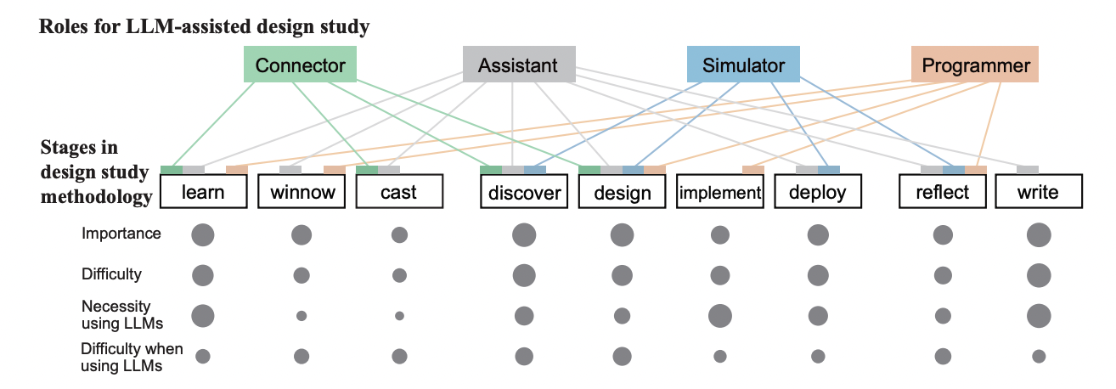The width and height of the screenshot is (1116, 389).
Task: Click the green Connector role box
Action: [x=300, y=65]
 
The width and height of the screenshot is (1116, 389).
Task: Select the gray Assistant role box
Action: [x=519, y=65]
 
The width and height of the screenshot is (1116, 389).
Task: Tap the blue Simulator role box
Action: [x=743, y=65]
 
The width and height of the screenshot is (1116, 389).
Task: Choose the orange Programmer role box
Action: [x=975, y=65]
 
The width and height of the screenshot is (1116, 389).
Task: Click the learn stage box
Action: [x=204, y=191]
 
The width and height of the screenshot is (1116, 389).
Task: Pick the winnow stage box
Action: [x=302, y=191]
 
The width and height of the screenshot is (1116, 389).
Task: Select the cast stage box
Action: [x=399, y=191]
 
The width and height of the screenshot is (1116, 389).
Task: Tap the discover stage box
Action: [x=524, y=191]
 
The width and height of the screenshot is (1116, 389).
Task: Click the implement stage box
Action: [x=720, y=191]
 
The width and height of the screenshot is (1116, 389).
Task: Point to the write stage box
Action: [x=1039, y=191]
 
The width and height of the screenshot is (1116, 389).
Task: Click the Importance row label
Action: [x=121, y=233]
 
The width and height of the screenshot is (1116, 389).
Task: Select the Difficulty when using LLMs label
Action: [x=132, y=357]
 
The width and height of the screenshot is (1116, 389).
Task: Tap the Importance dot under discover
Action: [x=524, y=235]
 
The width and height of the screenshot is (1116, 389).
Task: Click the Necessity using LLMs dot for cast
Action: [x=399, y=316]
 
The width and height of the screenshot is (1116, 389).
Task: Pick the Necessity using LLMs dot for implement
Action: [x=720, y=316]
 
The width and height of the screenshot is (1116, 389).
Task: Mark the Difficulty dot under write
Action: [x=1039, y=275]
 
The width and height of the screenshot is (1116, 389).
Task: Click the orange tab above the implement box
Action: [x=753, y=170]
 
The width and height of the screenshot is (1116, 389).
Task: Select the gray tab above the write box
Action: [x=1028, y=170]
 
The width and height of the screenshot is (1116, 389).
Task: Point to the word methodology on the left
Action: [x=97, y=197]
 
